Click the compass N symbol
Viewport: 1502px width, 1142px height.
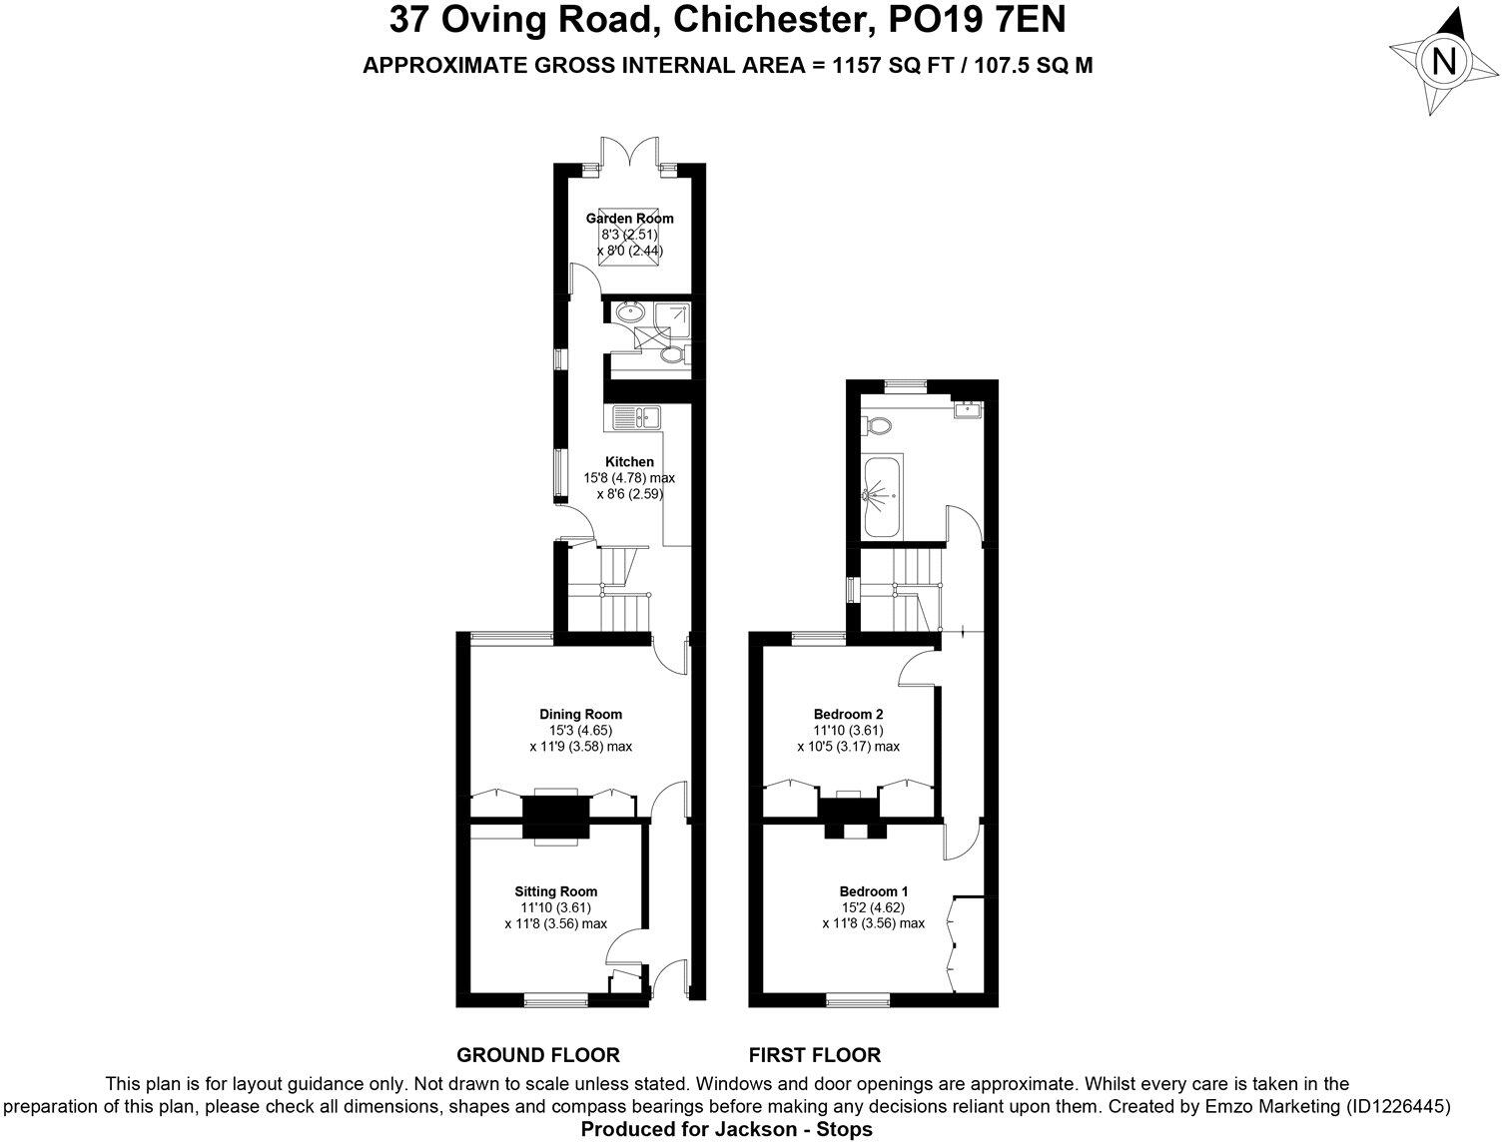pos(1444,63)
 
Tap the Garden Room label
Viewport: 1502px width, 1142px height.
pos(629,218)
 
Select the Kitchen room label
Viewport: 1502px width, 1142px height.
pos(629,461)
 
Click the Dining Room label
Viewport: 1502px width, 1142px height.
pos(580,714)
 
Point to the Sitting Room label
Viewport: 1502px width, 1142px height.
pos(556,891)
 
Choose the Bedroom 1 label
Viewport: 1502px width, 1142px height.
pos(874,891)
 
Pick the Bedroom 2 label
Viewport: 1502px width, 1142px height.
pos(848,714)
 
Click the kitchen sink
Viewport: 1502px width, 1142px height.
pos(633,416)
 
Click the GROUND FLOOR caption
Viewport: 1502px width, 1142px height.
pos(538,1054)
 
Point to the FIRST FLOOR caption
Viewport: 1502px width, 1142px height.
pos(815,1054)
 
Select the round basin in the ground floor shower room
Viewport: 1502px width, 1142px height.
pos(630,312)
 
